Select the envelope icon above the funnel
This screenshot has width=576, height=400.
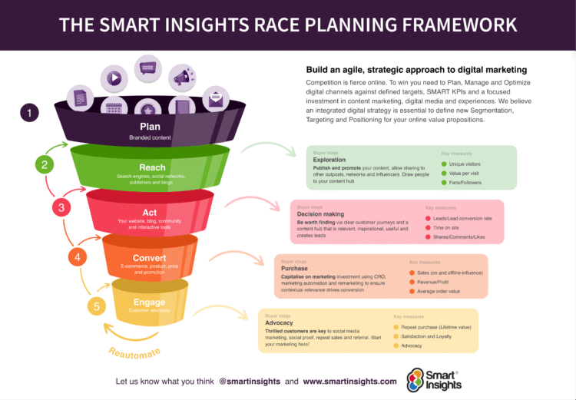[x=215, y=99]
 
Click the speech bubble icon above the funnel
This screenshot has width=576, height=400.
[x=147, y=68]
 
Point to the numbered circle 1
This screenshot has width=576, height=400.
[x=29, y=114]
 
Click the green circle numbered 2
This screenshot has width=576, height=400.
[x=45, y=164]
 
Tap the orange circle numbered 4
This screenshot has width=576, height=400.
[x=77, y=257]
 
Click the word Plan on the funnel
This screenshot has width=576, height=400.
[x=149, y=126]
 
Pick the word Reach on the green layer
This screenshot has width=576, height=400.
[x=152, y=167]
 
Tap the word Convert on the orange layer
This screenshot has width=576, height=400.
[x=149, y=258]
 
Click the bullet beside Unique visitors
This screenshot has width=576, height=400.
[x=444, y=164]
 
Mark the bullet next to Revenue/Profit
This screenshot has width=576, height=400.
[x=412, y=281]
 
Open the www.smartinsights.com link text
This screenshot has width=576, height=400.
[x=349, y=381]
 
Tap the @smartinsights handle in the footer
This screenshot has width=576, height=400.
[x=249, y=381]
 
